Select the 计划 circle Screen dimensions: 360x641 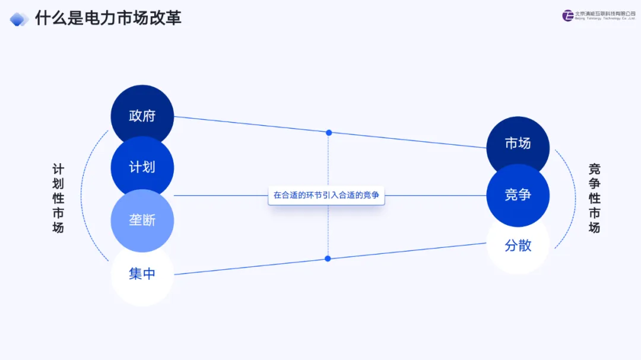[x=142, y=167]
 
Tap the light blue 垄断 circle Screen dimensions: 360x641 [x=142, y=221]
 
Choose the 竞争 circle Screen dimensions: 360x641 [x=518, y=195]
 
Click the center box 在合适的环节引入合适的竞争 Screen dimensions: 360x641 [x=326, y=195]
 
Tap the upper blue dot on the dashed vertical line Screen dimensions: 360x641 [x=329, y=133]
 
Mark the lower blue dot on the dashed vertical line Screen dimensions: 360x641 [x=328, y=259]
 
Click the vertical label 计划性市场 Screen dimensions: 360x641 [x=58, y=198]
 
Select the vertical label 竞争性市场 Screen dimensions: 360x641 [x=594, y=198]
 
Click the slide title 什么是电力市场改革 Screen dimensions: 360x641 [x=108, y=18]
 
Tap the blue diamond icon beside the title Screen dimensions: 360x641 [x=19, y=19]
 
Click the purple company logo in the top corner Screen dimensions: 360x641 [x=567, y=16]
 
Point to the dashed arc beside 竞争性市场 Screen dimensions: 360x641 [x=575, y=199]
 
